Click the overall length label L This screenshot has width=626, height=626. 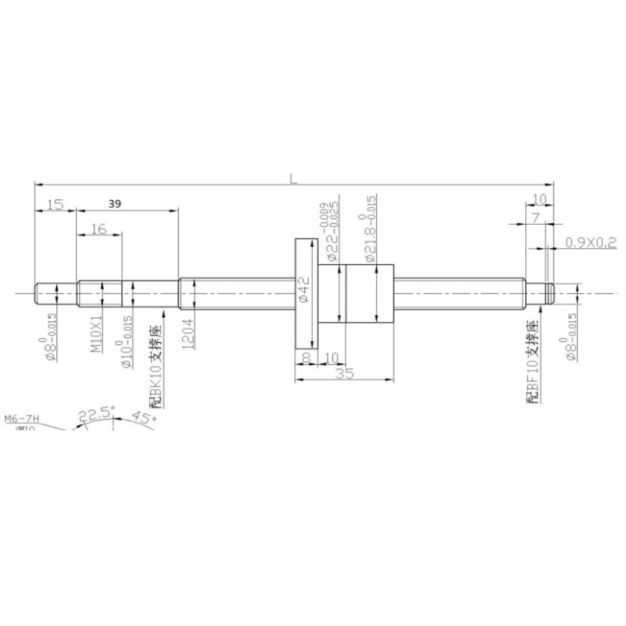pos(293,178)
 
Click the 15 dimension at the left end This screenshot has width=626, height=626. pos(55,203)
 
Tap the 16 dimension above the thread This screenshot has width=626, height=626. pos(98,229)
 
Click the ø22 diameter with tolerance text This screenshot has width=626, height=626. pos(331,232)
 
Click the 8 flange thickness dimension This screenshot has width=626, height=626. pos(306,357)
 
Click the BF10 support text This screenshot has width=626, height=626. pos(533,363)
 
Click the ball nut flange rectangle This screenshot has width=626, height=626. pos(306,293)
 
